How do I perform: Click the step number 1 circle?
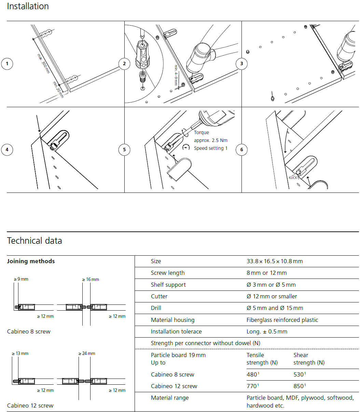click(x=7, y=64)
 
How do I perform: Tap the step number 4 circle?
click(x=7, y=150)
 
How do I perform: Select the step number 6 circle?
click(x=242, y=150)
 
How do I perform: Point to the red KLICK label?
click(x=293, y=177)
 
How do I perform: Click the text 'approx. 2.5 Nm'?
click(x=210, y=140)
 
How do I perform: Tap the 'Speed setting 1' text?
click(x=210, y=148)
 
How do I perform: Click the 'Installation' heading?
click(x=28, y=6)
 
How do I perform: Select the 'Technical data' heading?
click(x=34, y=241)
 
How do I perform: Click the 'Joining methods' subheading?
click(x=31, y=261)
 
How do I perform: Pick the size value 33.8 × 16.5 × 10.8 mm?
click(x=275, y=261)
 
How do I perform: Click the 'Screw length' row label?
click(x=168, y=273)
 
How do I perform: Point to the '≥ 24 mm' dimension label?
click(x=87, y=354)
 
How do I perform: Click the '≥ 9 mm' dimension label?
click(x=21, y=279)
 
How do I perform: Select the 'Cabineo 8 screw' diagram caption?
click(x=29, y=331)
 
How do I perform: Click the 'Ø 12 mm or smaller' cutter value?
click(x=272, y=296)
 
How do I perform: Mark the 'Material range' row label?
click(x=169, y=398)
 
